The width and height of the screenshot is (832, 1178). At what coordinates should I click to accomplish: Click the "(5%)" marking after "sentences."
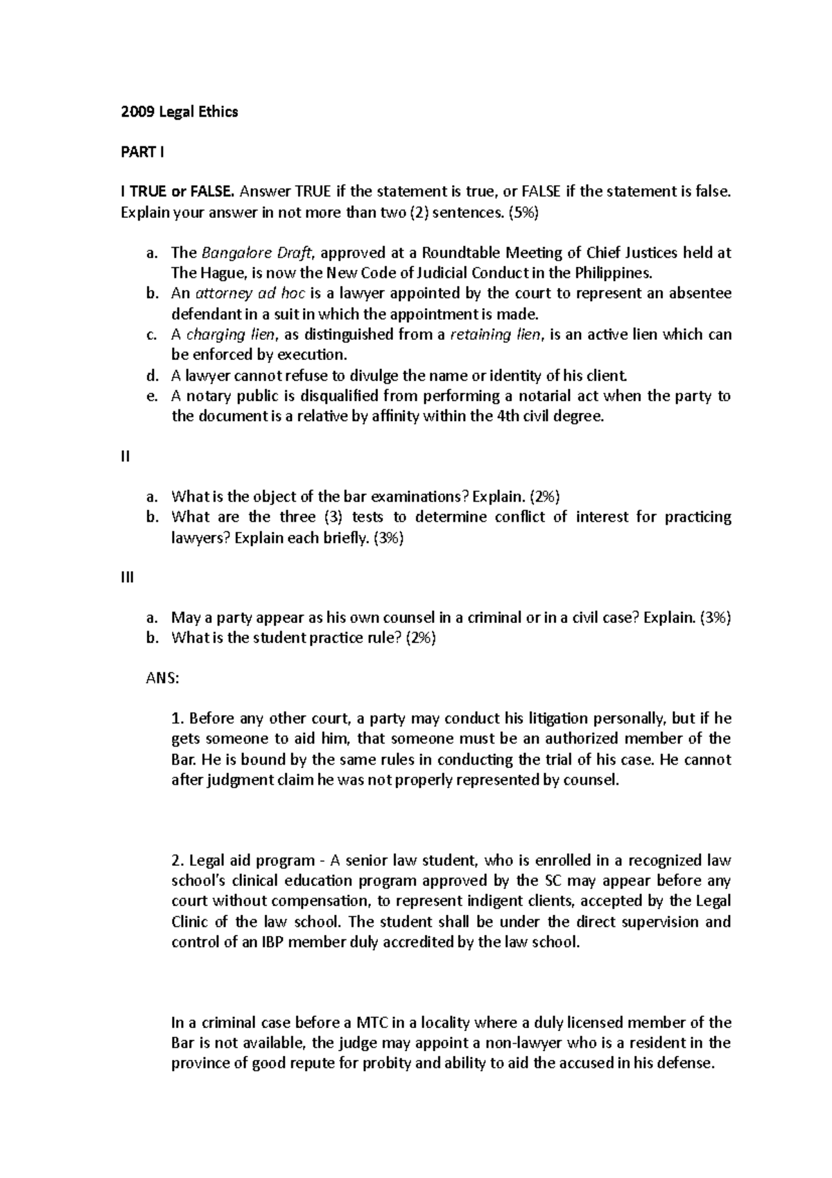point(523,212)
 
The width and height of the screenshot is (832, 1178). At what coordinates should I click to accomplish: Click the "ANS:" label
point(162,679)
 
